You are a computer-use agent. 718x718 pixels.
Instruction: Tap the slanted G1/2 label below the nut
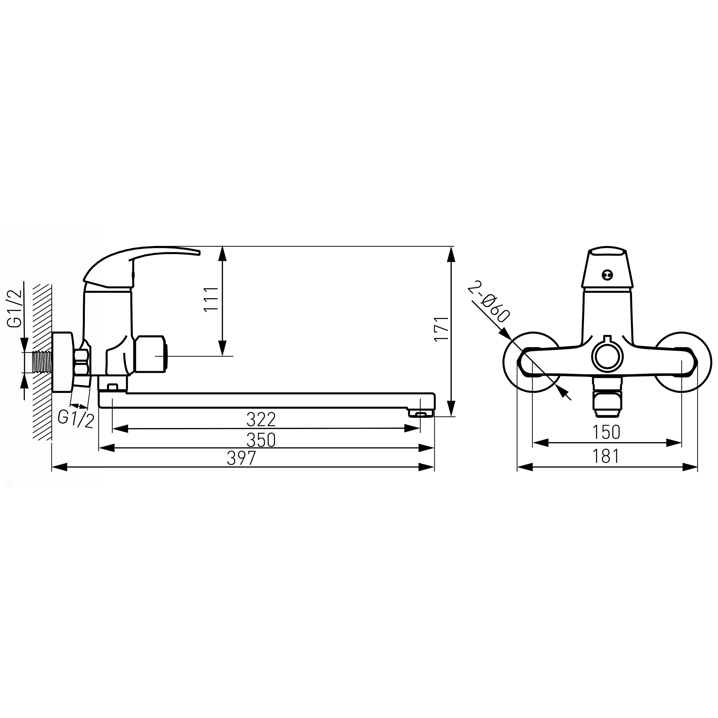coord(76,420)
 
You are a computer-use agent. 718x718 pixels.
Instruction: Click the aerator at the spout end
coord(421,413)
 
